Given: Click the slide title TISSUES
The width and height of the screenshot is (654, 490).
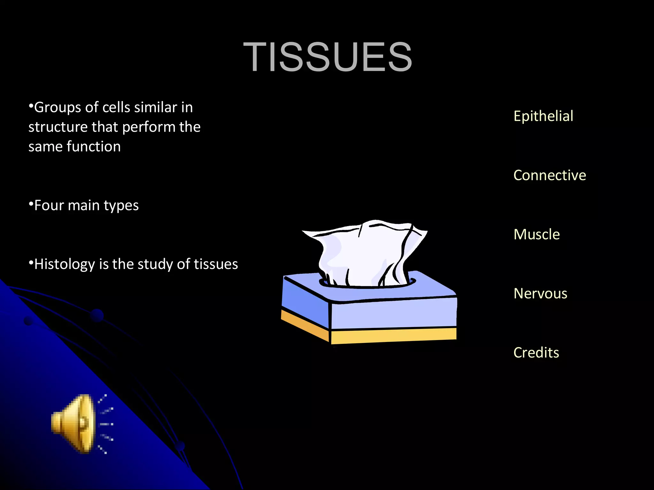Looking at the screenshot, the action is [328, 57].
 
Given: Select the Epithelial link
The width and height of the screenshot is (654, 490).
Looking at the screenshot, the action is [543, 116].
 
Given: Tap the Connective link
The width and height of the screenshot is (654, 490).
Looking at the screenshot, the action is [550, 175].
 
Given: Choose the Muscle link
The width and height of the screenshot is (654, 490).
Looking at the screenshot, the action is [536, 234].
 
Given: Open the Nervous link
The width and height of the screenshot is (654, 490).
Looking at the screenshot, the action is [540, 293].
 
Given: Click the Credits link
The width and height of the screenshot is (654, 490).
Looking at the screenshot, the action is [536, 353].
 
